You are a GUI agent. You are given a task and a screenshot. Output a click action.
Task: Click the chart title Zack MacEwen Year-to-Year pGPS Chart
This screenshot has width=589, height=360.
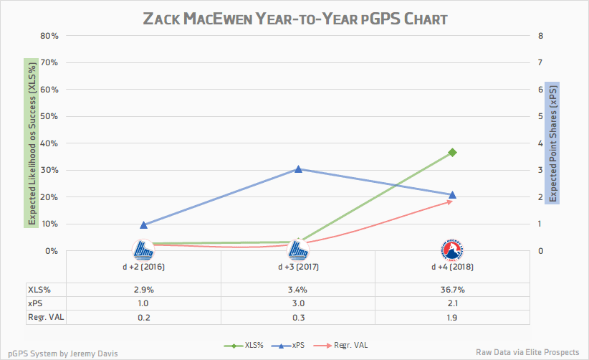pos(295,19)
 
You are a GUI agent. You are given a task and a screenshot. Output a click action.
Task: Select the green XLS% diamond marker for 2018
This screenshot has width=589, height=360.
pos(452,152)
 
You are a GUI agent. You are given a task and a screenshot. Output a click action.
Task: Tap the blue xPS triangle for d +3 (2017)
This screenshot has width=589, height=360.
pos(298,169)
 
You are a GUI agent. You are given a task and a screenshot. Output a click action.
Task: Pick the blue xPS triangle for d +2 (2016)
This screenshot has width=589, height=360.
pos(144,224)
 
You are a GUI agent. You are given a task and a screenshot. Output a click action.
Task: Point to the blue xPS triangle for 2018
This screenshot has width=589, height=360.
pos(452,194)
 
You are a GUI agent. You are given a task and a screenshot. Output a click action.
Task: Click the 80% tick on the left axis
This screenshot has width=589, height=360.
pos(49,36)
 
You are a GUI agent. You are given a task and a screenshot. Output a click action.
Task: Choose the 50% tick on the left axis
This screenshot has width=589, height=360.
pos(49,116)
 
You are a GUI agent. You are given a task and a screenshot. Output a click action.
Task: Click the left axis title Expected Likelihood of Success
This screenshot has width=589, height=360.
pos(30,143)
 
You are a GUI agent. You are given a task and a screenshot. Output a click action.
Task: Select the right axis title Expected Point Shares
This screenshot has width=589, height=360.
pos(552,143)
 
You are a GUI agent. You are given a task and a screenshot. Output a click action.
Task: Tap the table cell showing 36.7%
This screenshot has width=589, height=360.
pos(452,290)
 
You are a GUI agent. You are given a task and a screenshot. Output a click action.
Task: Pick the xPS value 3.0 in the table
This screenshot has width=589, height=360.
pos(298,303)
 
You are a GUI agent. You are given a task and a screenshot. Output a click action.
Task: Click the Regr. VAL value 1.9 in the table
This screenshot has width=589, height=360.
pos(452,316)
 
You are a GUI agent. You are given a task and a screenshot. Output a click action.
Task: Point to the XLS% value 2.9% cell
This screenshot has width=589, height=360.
pos(144,290)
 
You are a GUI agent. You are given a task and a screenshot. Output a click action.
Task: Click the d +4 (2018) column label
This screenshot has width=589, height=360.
pos(452,267)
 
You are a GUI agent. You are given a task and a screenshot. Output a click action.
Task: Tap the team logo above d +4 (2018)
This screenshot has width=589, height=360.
pos(452,249)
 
